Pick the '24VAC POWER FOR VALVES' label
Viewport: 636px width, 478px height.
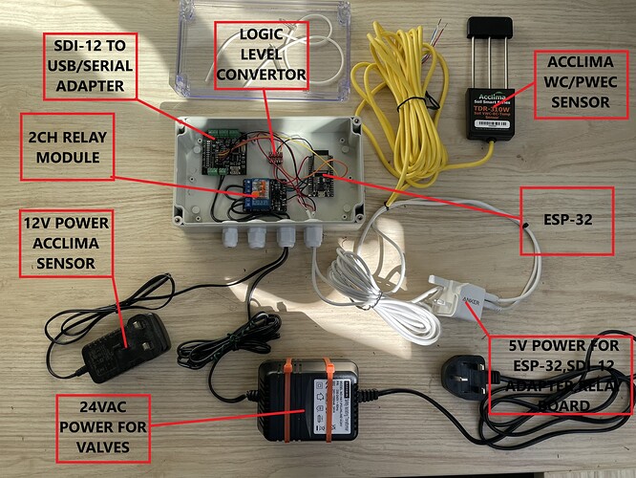tap(106, 422)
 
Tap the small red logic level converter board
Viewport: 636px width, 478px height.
tap(274, 150)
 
